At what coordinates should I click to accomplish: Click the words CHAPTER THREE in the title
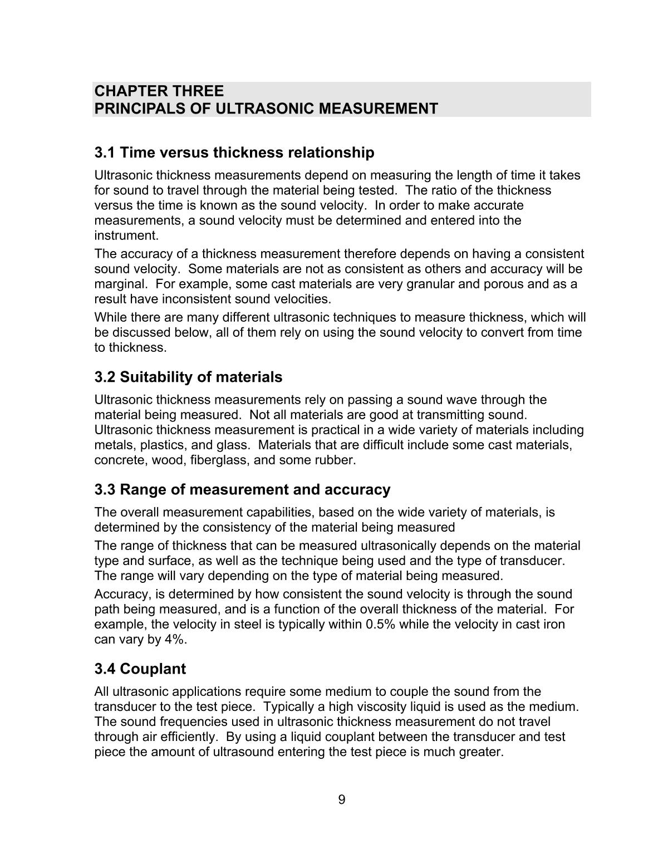[x=159, y=91]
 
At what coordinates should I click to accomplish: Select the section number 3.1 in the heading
[x=105, y=153]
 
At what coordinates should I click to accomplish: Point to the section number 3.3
[x=105, y=490]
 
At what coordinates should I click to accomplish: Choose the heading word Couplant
[x=153, y=669]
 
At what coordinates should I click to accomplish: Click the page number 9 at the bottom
[x=341, y=800]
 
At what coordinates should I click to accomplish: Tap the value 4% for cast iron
[x=175, y=639]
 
